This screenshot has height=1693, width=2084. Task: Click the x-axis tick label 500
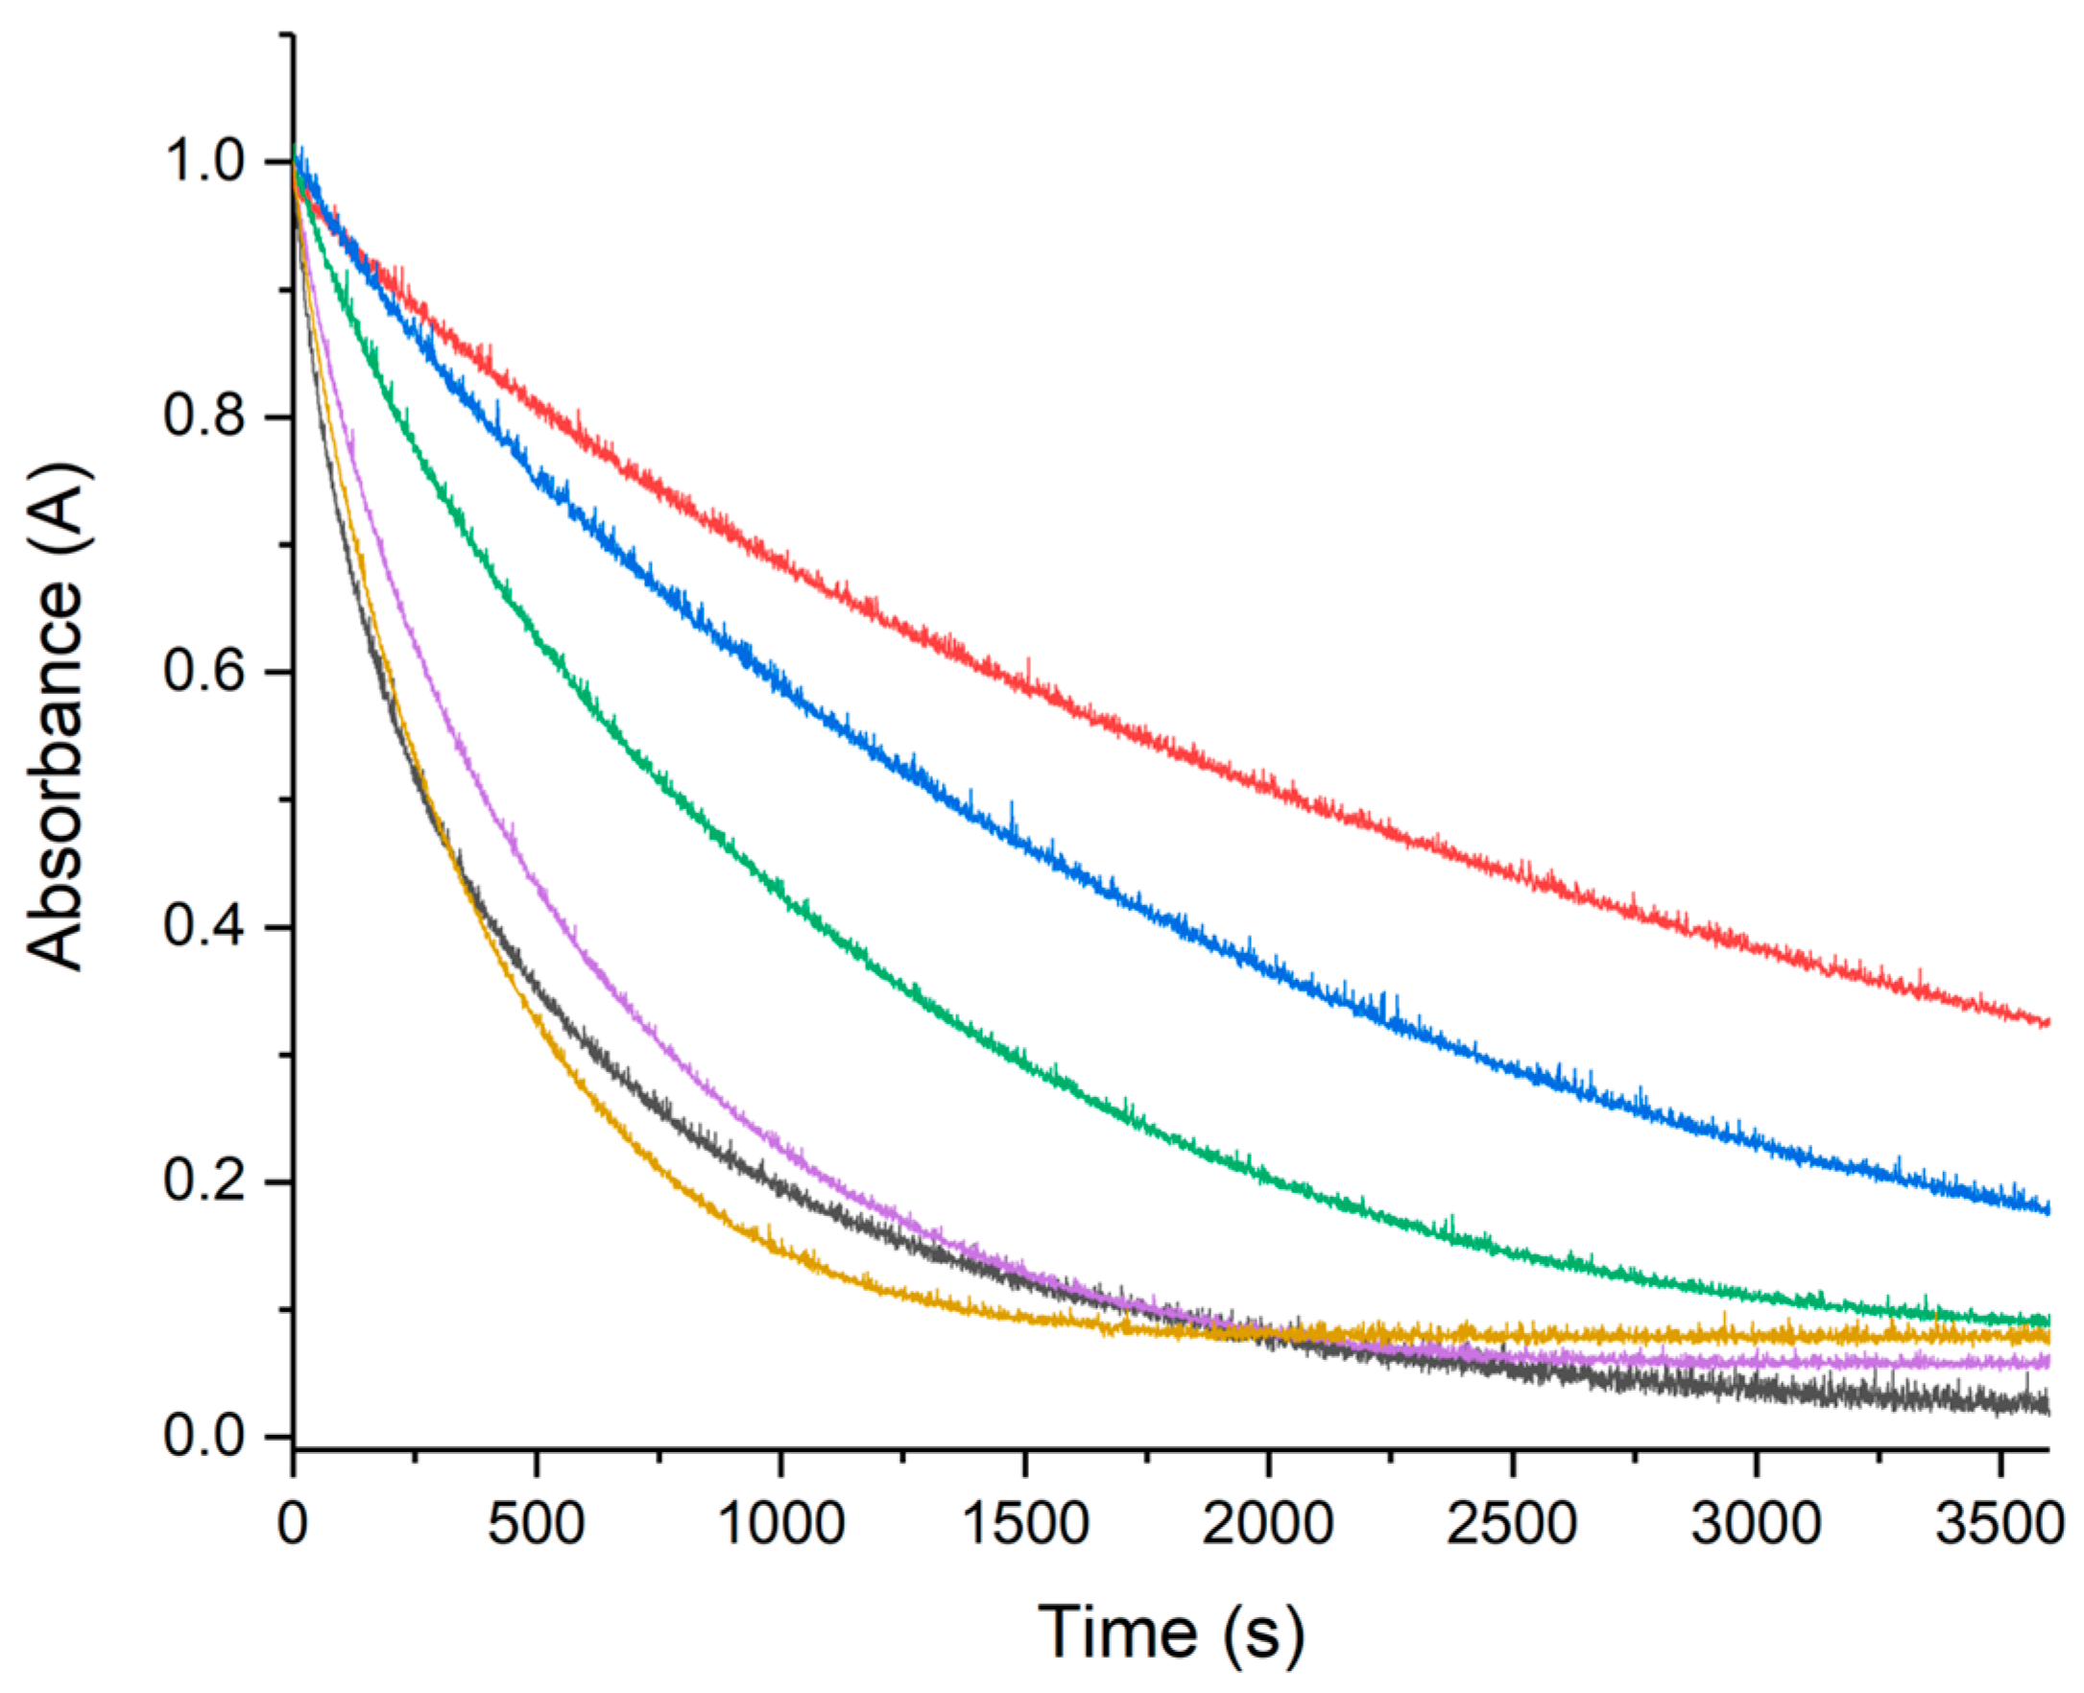pyautogui.click(x=536, y=1522)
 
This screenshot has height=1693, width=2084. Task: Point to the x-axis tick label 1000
pyautogui.click(x=780, y=1522)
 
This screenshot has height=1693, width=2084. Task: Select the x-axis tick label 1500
pyautogui.click(x=1024, y=1522)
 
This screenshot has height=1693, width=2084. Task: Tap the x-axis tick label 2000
pyautogui.click(x=1268, y=1522)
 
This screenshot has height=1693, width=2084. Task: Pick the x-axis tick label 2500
pyautogui.click(x=1512, y=1522)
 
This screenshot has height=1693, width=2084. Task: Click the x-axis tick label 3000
pyautogui.click(x=1756, y=1522)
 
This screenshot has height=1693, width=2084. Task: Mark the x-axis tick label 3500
pyautogui.click(x=2000, y=1522)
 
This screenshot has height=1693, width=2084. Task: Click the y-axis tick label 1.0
pyautogui.click(x=203, y=161)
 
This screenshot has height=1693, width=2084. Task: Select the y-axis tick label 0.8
pyautogui.click(x=203, y=417)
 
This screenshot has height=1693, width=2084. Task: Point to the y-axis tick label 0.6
pyautogui.click(x=203, y=672)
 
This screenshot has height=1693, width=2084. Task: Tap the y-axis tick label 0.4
pyautogui.click(x=203, y=926)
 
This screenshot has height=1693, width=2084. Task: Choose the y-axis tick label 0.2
pyautogui.click(x=203, y=1182)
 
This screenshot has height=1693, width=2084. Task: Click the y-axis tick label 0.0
pyautogui.click(x=203, y=1437)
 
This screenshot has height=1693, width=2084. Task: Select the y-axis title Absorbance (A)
pyautogui.click(x=56, y=719)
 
